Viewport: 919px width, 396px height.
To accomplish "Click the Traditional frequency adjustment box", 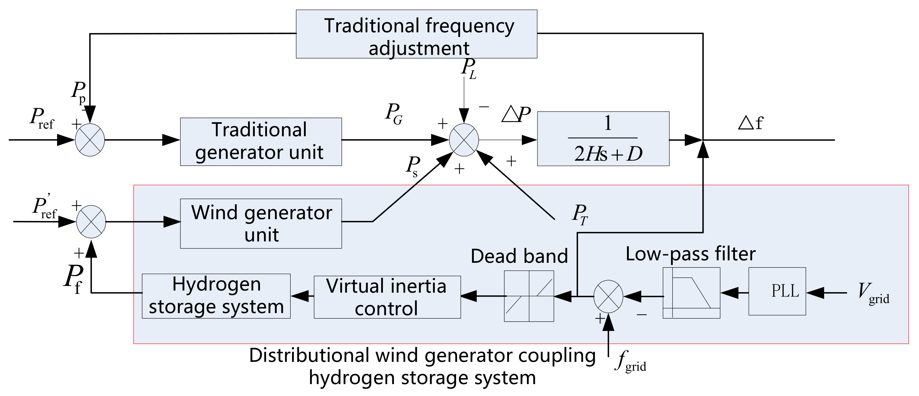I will coord(416,34).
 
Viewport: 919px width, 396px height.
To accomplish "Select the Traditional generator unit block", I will coord(261,141).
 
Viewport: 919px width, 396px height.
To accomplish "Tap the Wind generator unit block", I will coord(261,223).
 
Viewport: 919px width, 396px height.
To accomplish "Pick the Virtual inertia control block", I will coord(387,297).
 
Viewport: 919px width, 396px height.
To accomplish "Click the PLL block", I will coord(777,291).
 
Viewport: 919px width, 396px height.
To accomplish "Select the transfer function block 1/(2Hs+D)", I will coord(603,139).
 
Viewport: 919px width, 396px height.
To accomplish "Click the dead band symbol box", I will coord(529,296).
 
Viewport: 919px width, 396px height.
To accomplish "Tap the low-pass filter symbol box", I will coord(691,293).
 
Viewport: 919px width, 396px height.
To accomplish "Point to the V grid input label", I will coord(873,293).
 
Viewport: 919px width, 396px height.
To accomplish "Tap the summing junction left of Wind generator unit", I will coord(91,222).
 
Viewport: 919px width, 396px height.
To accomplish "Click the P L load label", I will coord(468,68).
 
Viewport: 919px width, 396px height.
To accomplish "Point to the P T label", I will coord(580,214).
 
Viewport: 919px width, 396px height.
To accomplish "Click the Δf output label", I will coord(750,123).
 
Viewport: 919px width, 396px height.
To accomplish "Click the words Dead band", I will coord(519,256).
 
